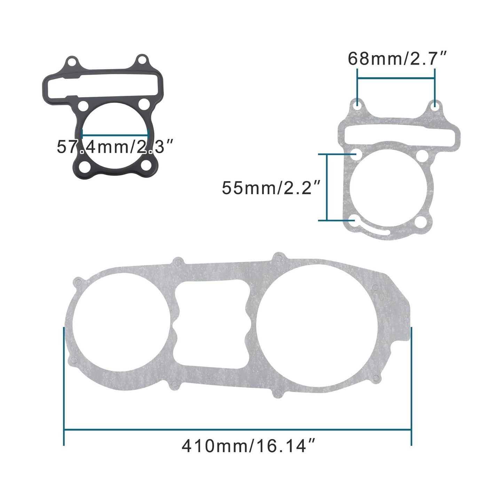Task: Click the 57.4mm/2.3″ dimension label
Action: click(115, 147)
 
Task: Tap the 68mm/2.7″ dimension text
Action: click(397, 59)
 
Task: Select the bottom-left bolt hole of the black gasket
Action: click(84, 167)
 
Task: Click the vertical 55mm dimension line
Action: click(327, 187)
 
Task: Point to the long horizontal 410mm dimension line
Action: click(238, 431)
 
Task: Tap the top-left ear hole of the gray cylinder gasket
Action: click(357, 104)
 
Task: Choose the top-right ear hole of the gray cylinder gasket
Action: click(435, 104)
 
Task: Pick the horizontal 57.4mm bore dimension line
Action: click(115, 133)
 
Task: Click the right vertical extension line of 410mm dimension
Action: click(411, 386)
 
